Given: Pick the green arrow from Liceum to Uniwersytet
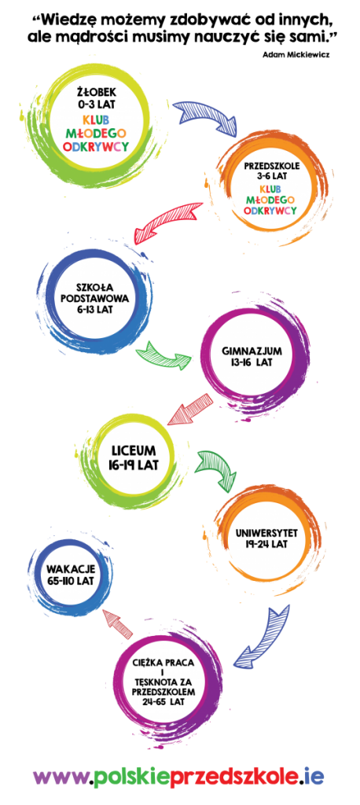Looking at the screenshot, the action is [217, 466].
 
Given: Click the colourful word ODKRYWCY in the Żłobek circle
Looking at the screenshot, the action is [96, 146].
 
